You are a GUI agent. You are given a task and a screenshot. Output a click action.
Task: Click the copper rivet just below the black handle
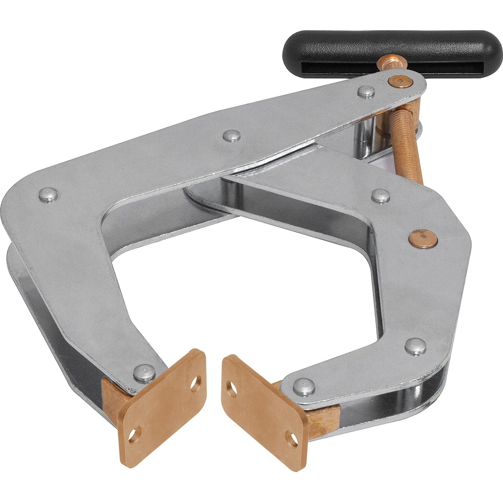401,81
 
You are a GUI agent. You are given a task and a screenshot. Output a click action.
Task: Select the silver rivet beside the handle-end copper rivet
366,92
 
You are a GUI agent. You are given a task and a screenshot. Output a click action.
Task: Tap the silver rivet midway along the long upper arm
231,135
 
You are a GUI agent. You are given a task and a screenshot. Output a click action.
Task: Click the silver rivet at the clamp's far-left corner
48,195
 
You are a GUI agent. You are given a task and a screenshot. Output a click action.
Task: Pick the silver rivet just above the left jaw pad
144,373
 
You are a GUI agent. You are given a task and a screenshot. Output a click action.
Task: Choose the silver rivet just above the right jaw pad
304,386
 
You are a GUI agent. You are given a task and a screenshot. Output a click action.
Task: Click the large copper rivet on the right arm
423,238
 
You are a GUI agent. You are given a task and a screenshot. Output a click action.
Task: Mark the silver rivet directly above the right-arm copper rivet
381,196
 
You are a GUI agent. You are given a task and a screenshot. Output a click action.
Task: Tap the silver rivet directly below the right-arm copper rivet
415,346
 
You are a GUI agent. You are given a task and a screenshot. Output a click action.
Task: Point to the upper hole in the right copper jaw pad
231,388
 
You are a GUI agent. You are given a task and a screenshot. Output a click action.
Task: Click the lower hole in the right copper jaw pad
292,439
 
